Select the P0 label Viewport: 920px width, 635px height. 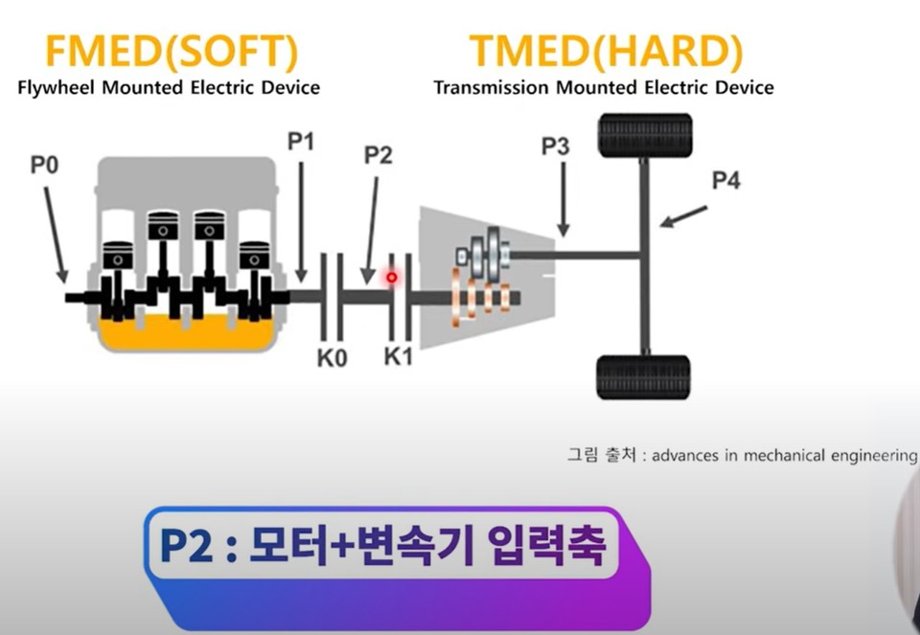pyautogui.click(x=44, y=165)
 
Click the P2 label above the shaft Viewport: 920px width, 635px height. pyautogui.click(x=378, y=155)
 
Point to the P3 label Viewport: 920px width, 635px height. pyautogui.click(x=555, y=146)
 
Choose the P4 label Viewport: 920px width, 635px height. pyautogui.click(x=725, y=179)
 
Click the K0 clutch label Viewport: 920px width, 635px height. pyautogui.click(x=331, y=358)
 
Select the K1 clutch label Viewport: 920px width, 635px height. pyautogui.click(x=398, y=358)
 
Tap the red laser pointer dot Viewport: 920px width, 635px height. pyautogui.click(x=391, y=278)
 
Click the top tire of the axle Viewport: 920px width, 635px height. pyautogui.click(x=645, y=135)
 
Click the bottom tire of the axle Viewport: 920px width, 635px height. pyautogui.click(x=643, y=376)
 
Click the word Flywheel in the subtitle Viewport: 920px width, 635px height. pyautogui.click(x=55, y=88)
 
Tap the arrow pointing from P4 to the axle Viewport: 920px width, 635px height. pyautogui.click(x=684, y=215)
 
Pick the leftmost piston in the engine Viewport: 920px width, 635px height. pyautogui.click(x=117, y=256)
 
